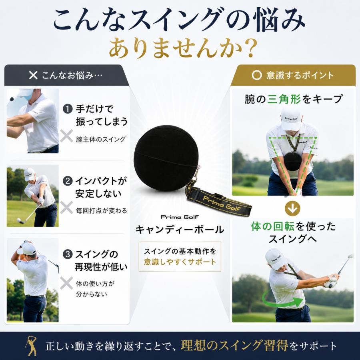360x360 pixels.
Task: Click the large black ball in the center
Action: click(167, 158)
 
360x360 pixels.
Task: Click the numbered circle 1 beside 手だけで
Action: click(68, 109)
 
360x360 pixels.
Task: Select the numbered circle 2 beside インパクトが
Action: click(68, 181)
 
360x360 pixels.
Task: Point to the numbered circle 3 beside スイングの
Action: click(68, 254)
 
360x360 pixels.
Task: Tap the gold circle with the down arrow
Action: click(293, 208)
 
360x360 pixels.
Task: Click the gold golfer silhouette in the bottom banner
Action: click(31, 346)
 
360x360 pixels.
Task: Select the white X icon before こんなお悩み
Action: click(33, 75)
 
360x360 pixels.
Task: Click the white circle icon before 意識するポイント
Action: click(257, 75)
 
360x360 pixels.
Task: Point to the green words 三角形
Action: click(284, 99)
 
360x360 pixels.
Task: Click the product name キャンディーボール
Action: click(180, 230)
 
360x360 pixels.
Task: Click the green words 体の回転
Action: click(272, 226)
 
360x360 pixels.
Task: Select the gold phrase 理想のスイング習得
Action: click(234, 345)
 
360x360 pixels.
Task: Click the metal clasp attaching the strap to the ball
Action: click(196, 174)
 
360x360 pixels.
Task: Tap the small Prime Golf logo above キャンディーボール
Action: click(180, 217)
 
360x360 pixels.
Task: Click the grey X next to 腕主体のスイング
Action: click(66, 136)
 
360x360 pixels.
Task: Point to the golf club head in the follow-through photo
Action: click(350, 256)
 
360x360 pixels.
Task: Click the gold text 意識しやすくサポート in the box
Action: click(180, 262)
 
